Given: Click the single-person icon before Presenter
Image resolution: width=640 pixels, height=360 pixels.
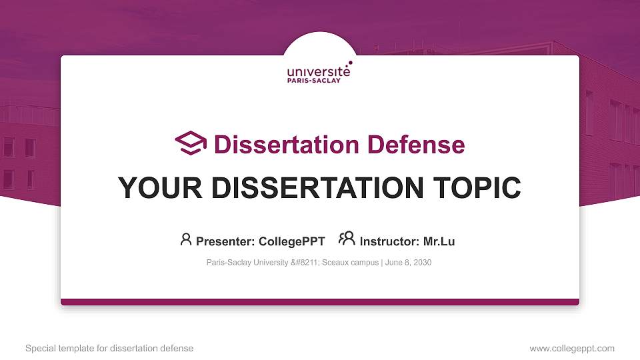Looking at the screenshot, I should pos(186,240).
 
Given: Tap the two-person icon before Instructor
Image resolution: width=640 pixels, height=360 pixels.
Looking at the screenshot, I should pos(347,239).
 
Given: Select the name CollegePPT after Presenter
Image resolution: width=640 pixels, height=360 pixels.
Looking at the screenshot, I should pos(292,241).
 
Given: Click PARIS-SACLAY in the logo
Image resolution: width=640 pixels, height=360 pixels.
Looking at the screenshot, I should pos(313,81).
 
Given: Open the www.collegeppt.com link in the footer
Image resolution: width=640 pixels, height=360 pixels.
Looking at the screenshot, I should pos(571,349).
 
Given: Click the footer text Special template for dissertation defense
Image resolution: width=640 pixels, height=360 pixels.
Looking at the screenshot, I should pos(109,349).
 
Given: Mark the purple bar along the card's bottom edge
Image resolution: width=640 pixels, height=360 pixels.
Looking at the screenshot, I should pos(320,302).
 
